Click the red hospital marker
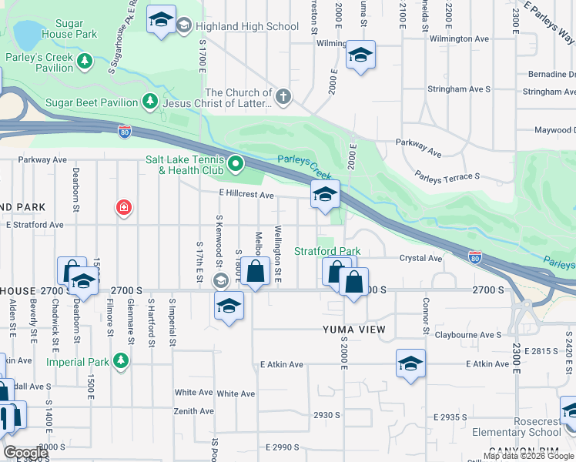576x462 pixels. pyautogui.click(x=123, y=207)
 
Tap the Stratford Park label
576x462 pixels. pyautogui.click(x=328, y=251)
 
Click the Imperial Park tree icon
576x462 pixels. pyautogui.click(x=120, y=360)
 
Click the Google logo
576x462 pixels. pyautogui.click(x=25, y=453)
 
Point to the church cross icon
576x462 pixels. pyautogui.click(x=283, y=97)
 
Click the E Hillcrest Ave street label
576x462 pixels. pyautogui.click(x=246, y=196)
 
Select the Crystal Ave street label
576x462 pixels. pyautogui.click(x=420, y=259)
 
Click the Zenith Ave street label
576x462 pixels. pyautogui.click(x=194, y=411)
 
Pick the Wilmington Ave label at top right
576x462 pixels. pyautogui.click(x=460, y=38)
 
